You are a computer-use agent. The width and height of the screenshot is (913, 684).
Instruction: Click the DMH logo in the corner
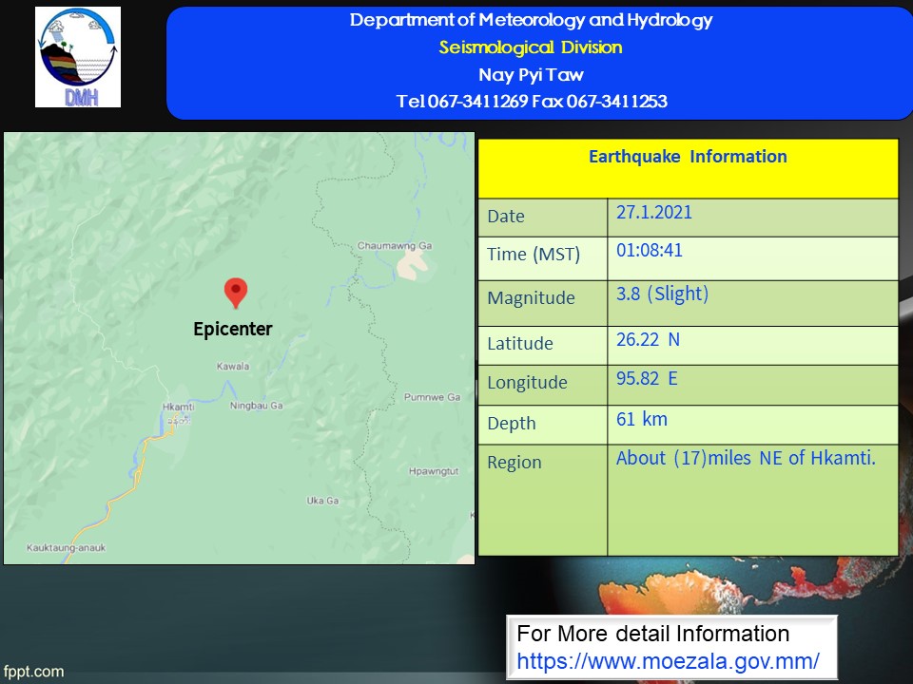(78, 57)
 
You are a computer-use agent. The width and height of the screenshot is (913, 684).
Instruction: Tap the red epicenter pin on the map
(236, 293)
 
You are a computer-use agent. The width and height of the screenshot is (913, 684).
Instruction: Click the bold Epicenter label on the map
(233, 330)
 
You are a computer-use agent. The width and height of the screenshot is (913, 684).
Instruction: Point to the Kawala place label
(233, 367)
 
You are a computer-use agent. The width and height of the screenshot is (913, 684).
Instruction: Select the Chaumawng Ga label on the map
(395, 245)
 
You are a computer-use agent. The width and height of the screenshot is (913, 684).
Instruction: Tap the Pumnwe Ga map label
(433, 397)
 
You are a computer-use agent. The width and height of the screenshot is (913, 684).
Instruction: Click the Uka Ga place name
(322, 501)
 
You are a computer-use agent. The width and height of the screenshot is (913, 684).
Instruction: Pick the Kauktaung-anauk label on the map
(67, 548)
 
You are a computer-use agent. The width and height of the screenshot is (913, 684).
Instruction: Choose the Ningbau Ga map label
(256, 406)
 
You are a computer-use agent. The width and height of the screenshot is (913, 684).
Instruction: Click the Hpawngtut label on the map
(434, 471)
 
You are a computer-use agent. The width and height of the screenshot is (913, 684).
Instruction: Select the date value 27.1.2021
(654, 212)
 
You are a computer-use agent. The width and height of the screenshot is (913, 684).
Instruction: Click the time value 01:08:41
(650, 250)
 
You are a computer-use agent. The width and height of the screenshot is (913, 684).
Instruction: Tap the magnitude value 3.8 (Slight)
(663, 294)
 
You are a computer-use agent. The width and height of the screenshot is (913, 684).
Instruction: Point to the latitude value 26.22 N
(648, 339)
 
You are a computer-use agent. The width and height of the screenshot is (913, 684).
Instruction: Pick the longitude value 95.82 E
(647, 379)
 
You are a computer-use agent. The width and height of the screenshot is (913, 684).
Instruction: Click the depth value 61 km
(642, 419)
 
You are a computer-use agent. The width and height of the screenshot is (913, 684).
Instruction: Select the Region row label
(515, 463)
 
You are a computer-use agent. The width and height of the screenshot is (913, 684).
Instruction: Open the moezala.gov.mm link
(668, 661)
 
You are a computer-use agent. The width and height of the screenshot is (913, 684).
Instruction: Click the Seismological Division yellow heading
(531, 47)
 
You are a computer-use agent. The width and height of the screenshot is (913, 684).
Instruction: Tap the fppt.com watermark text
(34, 672)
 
